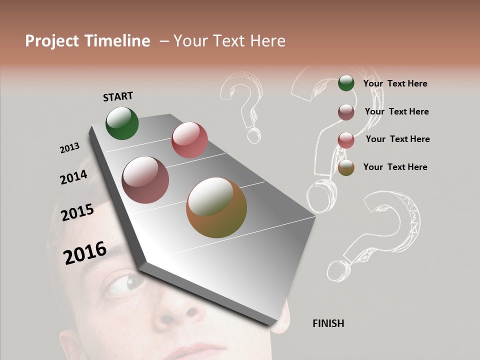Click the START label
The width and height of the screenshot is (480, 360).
[x=118, y=96]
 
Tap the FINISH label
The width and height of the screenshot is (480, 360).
[x=328, y=323]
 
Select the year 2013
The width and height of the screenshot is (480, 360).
[x=69, y=148]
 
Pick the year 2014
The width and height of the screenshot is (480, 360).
[x=73, y=177]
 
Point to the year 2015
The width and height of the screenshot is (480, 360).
[x=77, y=212]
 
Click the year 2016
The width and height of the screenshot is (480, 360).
[x=85, y=253]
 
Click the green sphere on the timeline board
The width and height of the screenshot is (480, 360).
[x=122, y=123]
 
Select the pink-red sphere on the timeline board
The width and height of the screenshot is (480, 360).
[x=189, y=140]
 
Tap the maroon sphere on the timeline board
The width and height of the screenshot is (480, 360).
[x=145, y=180]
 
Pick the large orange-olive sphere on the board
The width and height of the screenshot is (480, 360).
[x=216, y=207]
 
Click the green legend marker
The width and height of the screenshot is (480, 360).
[x=346, y=83]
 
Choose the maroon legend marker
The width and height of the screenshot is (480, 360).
[x=346, y=111]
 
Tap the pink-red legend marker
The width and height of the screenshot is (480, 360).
[x=346, y=139]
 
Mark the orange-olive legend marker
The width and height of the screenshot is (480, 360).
[x=346, y=167]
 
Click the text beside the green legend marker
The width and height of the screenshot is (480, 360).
[x=395, y=83]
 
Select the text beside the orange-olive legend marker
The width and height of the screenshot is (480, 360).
[x=395, y=167]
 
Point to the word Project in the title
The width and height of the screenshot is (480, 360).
[x=51, y=41]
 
